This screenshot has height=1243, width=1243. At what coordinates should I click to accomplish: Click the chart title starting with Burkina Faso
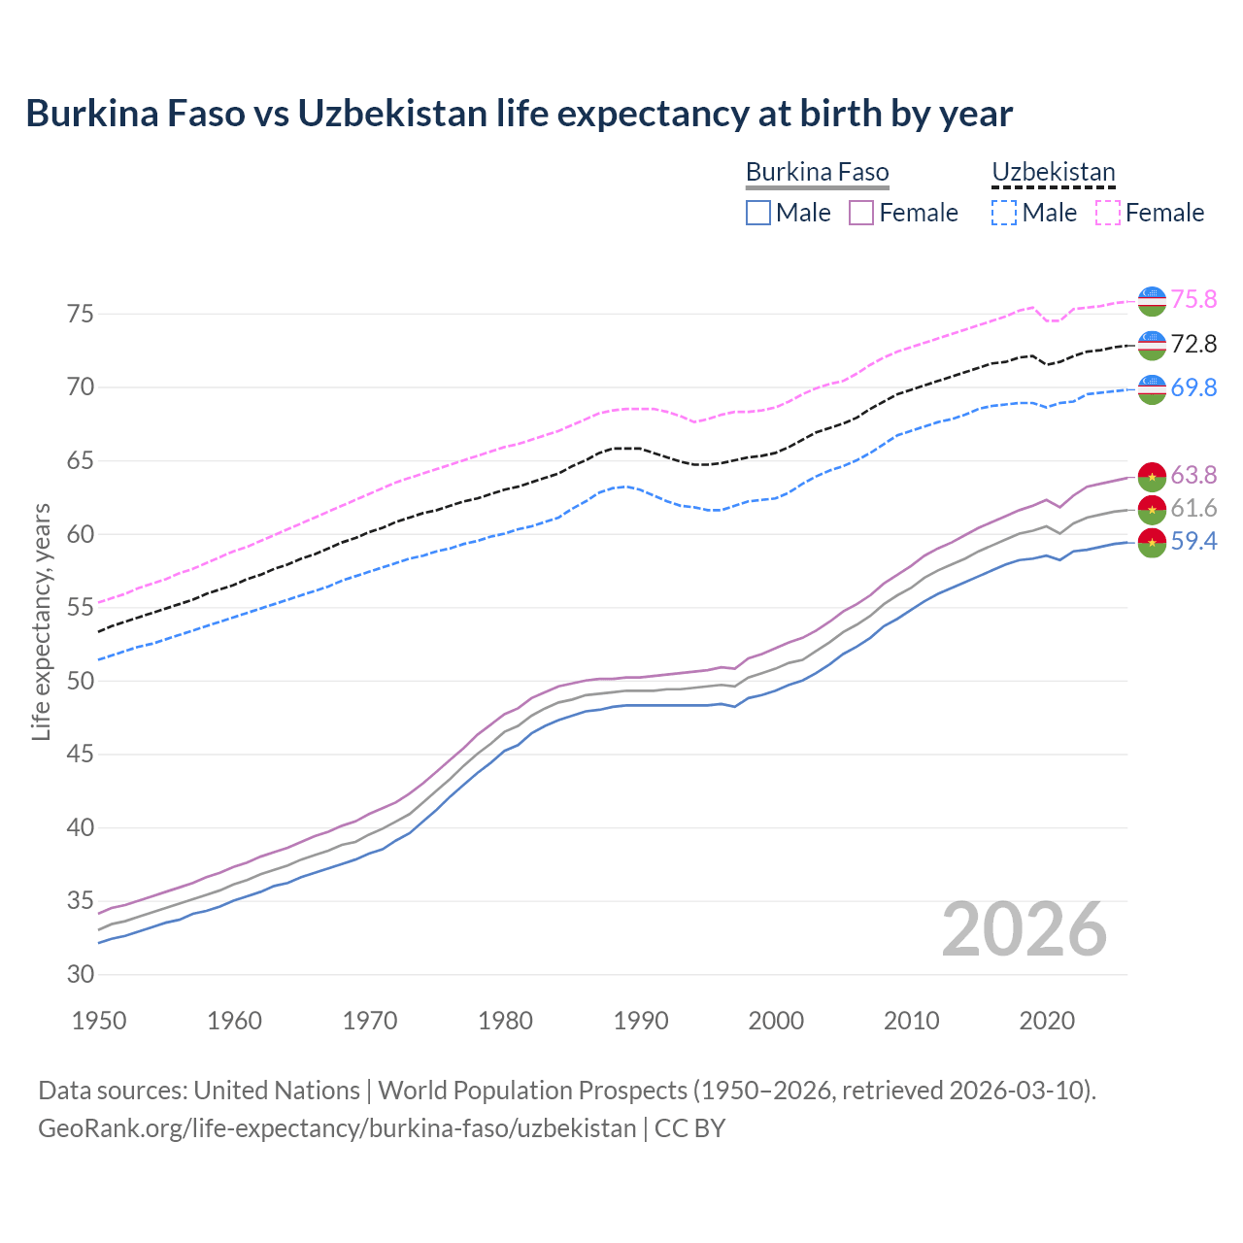pyautogui.click(x=519, y=114)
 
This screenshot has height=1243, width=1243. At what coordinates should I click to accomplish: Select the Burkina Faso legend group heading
pyautogui.click(x=817, y=173)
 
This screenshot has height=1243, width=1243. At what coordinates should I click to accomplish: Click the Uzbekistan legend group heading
pyautogui.click(x=1053, y=173)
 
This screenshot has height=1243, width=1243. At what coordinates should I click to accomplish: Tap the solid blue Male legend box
pyautogui.click(x=758, y=213)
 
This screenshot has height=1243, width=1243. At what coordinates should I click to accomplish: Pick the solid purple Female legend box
pyautogui.click(x=861, y=213)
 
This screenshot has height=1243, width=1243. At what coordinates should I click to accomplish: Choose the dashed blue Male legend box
pyautogui.click(x=1004, y=213)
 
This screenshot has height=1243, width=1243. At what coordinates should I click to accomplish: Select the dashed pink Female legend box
pyautogui.click(x=1107, y=213)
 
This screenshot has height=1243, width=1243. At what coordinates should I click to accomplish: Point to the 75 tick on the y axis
pyautogui.click(x=81, y=314)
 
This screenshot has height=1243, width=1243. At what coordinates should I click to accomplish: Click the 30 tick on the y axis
pyautogui.click(x=81, y=974)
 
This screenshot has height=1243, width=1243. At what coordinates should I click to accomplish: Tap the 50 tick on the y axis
pyautogui.click(x=81, y=681)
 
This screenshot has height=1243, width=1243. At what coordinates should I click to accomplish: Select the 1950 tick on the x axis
pyautogui.click(x=99, y=1021)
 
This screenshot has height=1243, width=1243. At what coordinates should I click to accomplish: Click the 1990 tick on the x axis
pyautogui.click(x=641, y=1021)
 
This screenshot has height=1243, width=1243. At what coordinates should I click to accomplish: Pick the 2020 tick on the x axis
pyautogui.click(x=1047, y=1021)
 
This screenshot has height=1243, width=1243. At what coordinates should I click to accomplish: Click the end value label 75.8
pyautogui.click(x=1193, y=299)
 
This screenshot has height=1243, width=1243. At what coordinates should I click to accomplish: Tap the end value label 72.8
pyautogui.click(x=1193, y=344)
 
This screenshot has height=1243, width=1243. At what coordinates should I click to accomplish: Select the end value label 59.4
pyautogui.click(x=1193, y=542)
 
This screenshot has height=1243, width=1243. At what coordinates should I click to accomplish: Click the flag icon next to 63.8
pyautogui.click(x=1152, y=476)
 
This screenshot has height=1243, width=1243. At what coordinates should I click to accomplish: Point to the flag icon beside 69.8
pyautogui.click(x=1152, y=388)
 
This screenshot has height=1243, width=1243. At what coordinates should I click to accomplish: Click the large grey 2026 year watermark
pyautogui.click(x=1024, y=929)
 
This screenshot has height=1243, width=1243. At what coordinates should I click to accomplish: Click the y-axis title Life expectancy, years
pyautogui.click(x=41, y=621)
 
